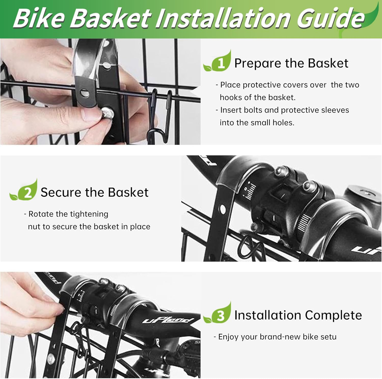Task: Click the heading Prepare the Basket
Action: pyautogui.click(x=291, y=63)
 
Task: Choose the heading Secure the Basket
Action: pyautogui.click(x=94, y=192)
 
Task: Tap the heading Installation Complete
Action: pyautogui.click(x=298, y=315)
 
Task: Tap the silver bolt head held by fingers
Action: pyautogui.click(x=107, y=112)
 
